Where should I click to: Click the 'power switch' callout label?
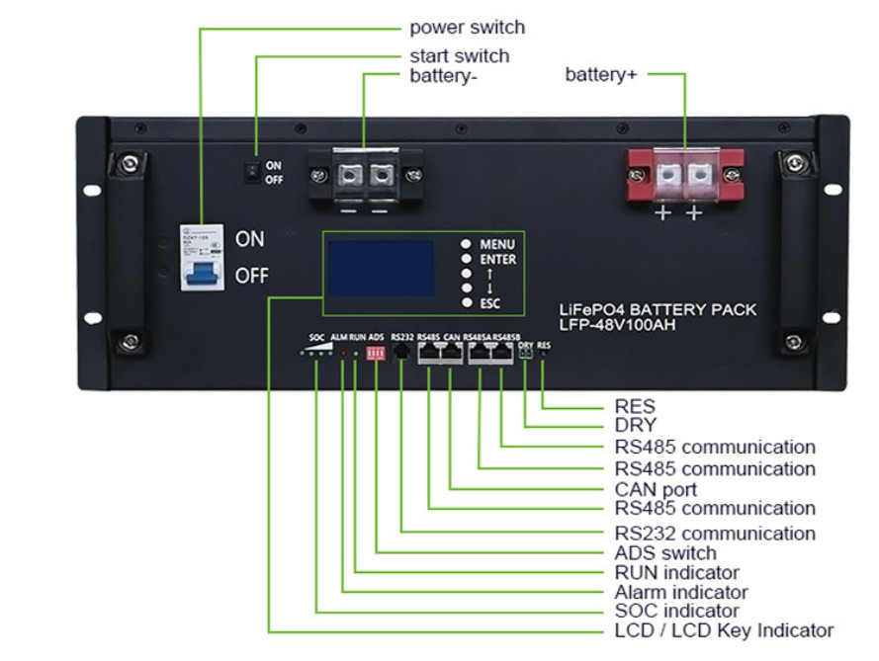click(x=467, y=28)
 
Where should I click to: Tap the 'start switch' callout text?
click(x=459, y=56)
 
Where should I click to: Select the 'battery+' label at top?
click(x=600, y=74)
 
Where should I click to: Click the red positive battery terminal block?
click(x=682, y=177)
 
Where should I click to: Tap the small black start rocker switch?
click(x=253, y=173)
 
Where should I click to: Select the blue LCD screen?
click(x=382, y=268)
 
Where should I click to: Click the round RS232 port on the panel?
click(x=401, y=353)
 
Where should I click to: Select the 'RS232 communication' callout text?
click(x=715, y=534)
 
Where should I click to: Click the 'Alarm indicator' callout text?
click(x=681, y=592)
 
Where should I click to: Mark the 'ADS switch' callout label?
click(x=665, y=552)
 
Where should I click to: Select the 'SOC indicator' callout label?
click(x=676, y=611)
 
